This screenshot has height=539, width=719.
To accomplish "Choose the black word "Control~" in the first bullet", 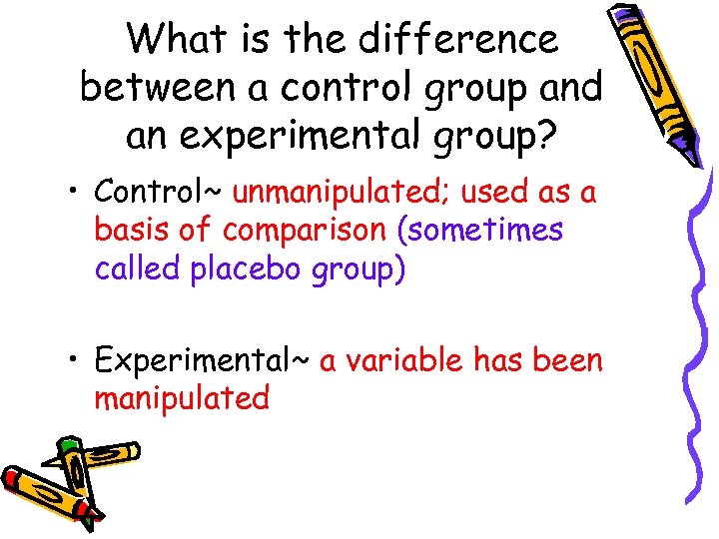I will point(158,191).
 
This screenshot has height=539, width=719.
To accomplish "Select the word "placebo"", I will point(250,270).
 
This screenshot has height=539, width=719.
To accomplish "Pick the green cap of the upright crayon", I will point(68,443).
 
